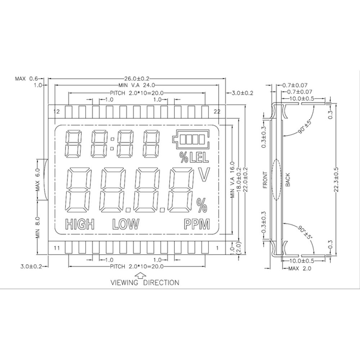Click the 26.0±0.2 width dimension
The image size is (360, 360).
coord(137,78)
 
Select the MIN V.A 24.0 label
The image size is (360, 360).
coord(136,85)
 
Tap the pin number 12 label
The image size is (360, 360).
coord(56,111)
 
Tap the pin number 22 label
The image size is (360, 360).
coord(217,111)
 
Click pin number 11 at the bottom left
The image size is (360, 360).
coord(56,248)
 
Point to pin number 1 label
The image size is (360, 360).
coord(217,248)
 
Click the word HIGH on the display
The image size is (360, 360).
coord(80,225)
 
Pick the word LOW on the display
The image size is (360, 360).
coord(125,225)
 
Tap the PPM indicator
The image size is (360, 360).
coord(197,225)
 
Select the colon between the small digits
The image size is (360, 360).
coord(113,143)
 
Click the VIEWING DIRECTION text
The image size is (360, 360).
coord(144,283)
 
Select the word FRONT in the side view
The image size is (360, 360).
coord(265,180)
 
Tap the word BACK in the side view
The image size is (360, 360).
coord(288,180)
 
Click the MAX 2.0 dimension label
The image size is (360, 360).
coord(300,269)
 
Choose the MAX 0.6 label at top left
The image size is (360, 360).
coord(26,78)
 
